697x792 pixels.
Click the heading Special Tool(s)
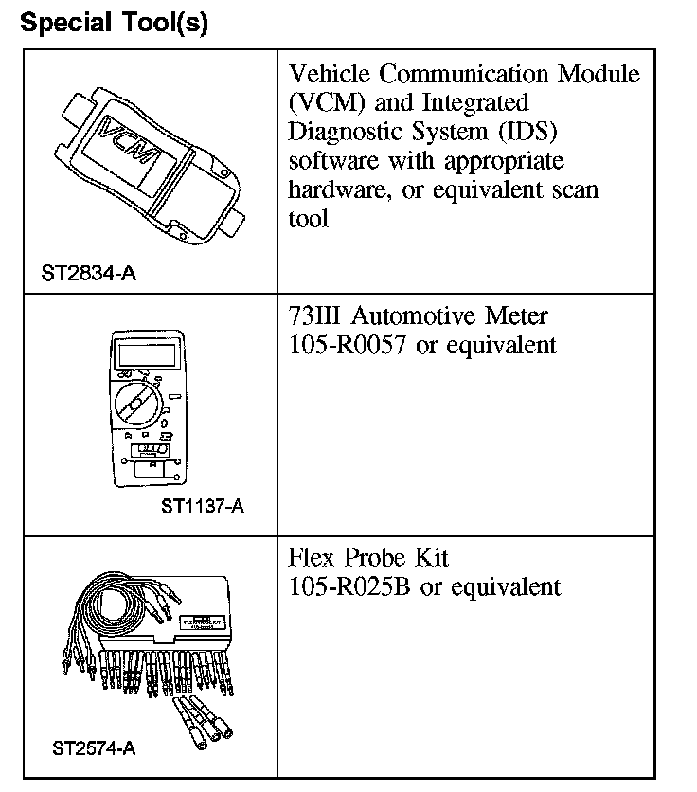click(114, 23)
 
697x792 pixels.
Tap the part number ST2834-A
click(88, 274)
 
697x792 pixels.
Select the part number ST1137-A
click(203, 505)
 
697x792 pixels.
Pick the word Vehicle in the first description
click(331, 73)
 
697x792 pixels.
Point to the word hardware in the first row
click(340, 189)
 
